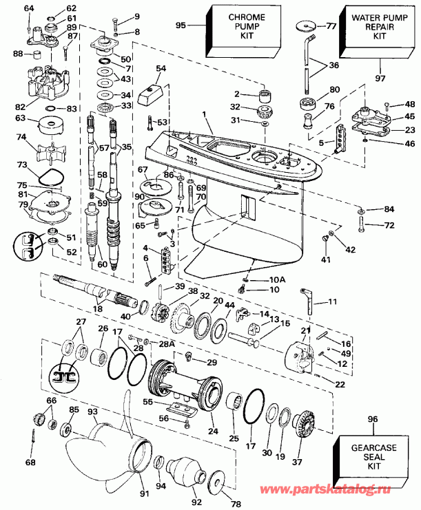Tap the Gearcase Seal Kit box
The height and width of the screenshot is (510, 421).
tap(373, 456)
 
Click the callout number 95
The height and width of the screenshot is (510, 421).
tap(181, 25)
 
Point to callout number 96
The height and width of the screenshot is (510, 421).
tap(373, 418)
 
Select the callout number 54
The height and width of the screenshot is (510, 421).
tap(161, 68)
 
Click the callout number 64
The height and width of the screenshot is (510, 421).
tap(28, 8)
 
